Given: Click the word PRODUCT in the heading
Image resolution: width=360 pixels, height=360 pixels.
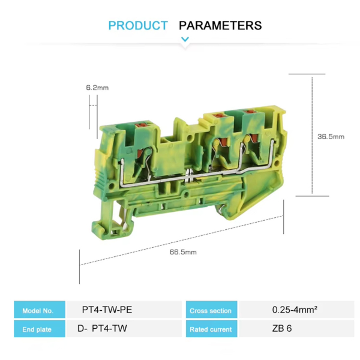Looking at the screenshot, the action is pyautogui.click(x=138, y=25).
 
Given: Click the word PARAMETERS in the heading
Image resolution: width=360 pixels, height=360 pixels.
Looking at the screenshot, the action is pyautogui.click(x=220, y=25).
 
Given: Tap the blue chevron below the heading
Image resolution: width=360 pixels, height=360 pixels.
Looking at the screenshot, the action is pyautogui.click(x=185, y=39).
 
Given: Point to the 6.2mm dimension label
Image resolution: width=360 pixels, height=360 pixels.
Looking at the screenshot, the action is pyautogui.click(x=97, y=88).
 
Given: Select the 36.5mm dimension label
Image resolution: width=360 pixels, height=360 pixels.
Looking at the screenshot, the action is pyautogui.click(x=331, y=137).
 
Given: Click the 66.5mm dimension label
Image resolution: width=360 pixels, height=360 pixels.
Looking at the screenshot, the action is pyautogui.click(x=183, y=252).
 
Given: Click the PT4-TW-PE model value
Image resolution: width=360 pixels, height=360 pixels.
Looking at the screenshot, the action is pyautogui.click(x=107, y=310).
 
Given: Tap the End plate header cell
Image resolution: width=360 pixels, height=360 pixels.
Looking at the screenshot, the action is pyautogui.click(x=40, y=329).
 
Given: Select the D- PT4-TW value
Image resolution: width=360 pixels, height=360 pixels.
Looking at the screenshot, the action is pyautogui.click(x=102, y=328).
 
